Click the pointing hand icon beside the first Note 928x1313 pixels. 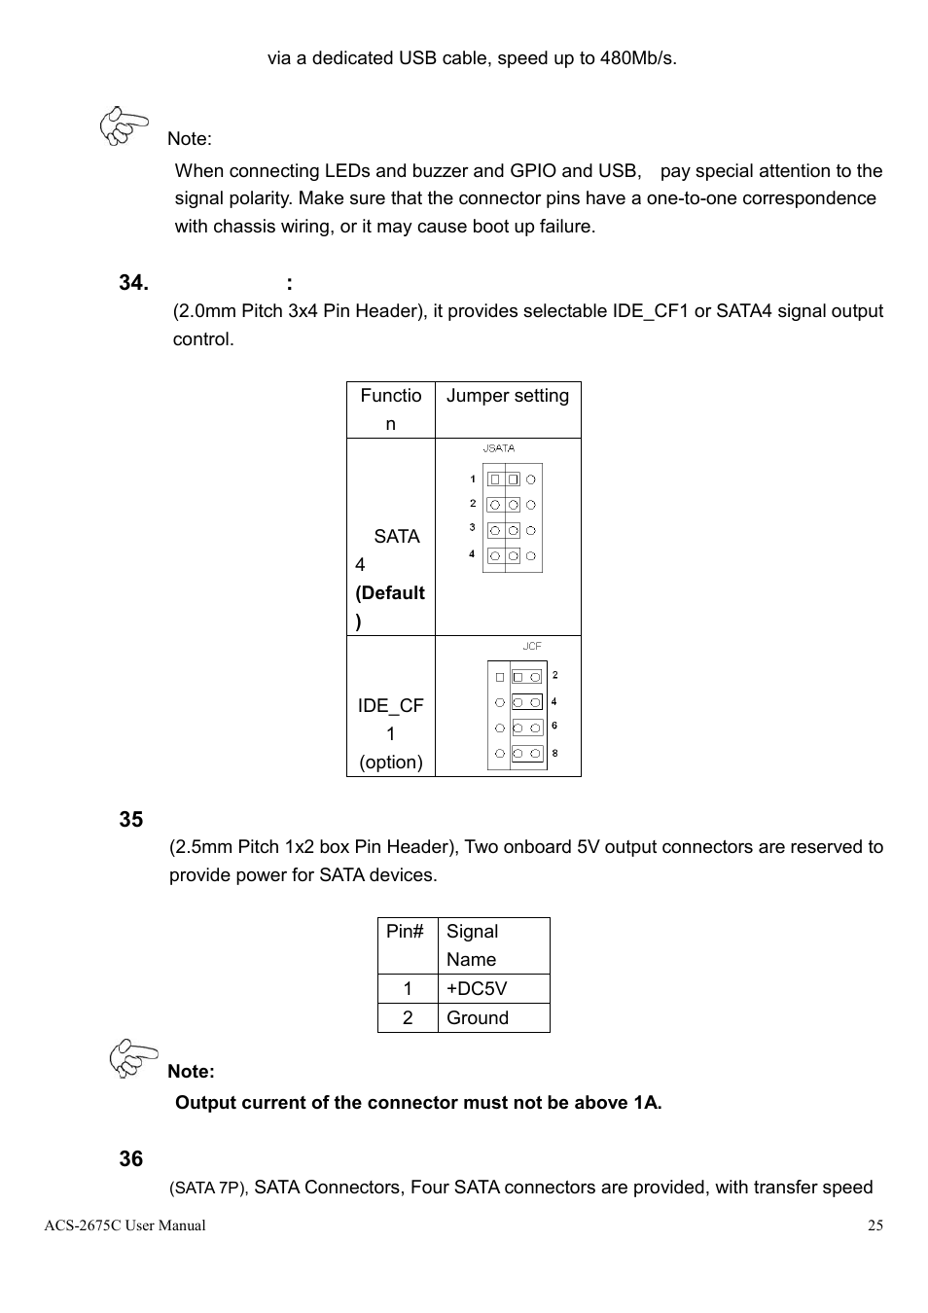point(124,126)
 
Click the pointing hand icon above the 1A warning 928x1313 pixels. point(133,1058)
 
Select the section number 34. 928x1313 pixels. point(133,283)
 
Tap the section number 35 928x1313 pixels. point(131,820)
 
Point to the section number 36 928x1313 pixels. point(131,1159)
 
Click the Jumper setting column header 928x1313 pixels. point(507,396)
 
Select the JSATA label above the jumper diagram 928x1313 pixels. point(499,448)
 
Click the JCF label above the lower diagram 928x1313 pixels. point(532,646)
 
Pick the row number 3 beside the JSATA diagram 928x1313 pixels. point(473,528)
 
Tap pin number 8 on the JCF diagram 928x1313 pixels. point(554,753)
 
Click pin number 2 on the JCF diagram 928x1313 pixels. point(554,675)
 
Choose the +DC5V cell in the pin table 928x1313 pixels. point(477,989)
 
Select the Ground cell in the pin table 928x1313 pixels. point(478,1018)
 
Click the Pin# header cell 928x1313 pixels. point(406,932)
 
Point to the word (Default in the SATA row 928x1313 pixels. point(390,593)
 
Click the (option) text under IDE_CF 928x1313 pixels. point(390,763)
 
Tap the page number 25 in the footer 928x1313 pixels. point(875,1225)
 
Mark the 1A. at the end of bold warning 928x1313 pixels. point(647,1103)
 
